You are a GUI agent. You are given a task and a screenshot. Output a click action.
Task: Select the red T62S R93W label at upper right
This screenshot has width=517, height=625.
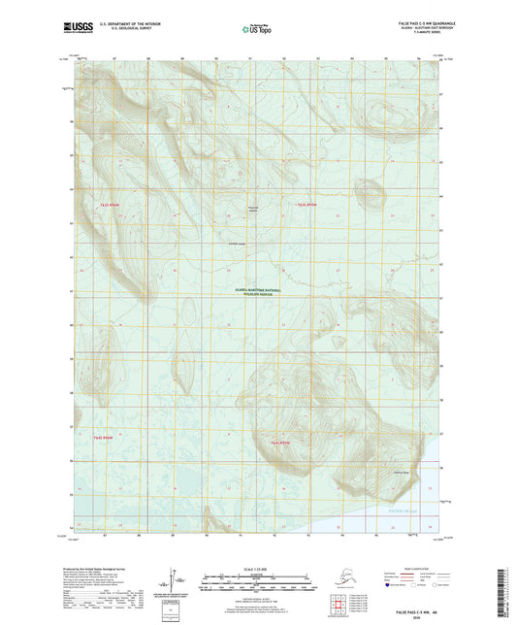pyautogui.click(x=309, y=205)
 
